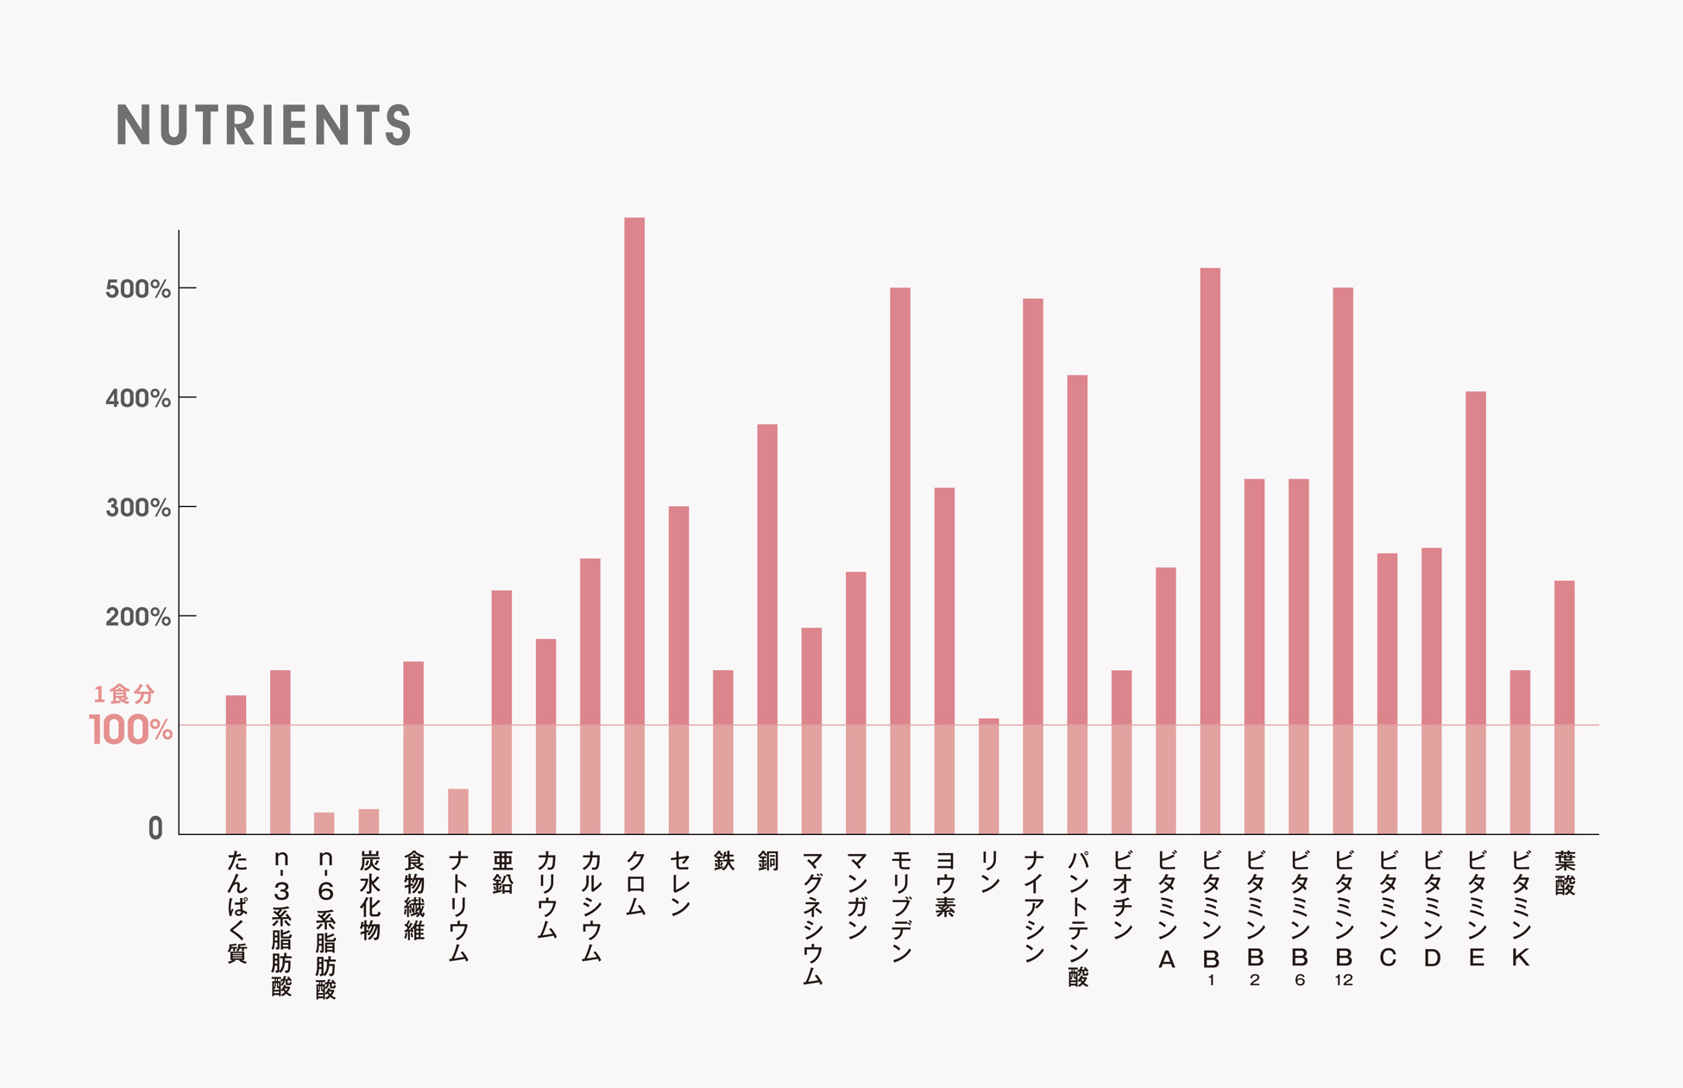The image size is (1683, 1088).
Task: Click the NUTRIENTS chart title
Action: [263, 125]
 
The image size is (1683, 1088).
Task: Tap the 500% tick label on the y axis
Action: [138, 289]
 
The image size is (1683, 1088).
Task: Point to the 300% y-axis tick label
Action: [138, 508]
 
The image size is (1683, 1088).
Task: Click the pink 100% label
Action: [130, 731]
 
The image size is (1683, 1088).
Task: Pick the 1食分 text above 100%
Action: [124, 693]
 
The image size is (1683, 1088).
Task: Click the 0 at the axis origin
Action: [155, 829]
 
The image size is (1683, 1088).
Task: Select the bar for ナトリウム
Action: [458, 812]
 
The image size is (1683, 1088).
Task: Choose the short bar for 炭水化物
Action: [369, 821]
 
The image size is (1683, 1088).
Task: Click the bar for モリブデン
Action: [900, 561]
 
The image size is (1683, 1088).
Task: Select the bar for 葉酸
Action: [1565, 707]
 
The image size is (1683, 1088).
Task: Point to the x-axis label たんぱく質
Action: [236, 907]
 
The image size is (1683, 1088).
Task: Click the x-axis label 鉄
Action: [723, 861]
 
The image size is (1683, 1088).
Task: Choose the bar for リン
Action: [989, 776]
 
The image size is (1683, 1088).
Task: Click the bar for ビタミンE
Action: [1476, 613]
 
